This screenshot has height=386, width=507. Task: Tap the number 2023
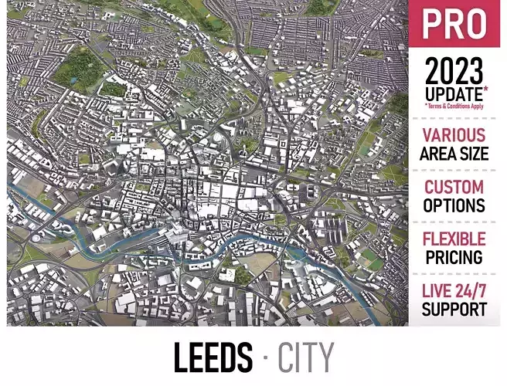[454, 73]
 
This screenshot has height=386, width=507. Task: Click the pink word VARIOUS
[454, 135]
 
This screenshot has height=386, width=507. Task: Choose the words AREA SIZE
[454, 154]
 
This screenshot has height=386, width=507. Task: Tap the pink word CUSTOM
[454, 188]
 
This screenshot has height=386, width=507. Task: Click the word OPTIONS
[454, 206]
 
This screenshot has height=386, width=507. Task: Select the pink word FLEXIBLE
[454, 239]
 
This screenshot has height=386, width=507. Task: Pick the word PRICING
[454, 258]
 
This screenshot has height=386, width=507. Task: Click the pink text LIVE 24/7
[454, 292]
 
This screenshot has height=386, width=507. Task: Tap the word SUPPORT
[454, 310]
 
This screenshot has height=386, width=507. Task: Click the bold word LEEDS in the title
[212, 358]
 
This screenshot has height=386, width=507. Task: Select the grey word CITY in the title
[306, 358]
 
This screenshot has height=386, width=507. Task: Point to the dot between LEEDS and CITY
[266, 358]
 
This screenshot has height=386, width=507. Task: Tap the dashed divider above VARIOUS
[454, 118]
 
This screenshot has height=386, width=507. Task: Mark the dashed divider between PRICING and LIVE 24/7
[454, 274]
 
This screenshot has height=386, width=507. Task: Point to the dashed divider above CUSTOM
[454, 170]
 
